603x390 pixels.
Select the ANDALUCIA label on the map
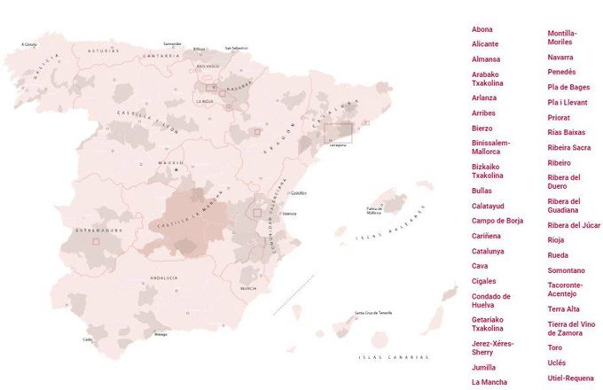coord(164,277)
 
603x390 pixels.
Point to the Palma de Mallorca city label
coord(373,211)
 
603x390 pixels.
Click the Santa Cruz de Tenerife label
coord(373,312)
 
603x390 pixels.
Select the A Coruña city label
coord(29,43)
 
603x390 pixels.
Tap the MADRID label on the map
coord(171,163)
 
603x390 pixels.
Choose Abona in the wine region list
coord(482,29)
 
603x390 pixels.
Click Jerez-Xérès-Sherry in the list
coord(492,347)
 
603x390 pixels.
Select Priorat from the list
coord(560,117)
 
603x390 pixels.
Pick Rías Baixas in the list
coord(567,132)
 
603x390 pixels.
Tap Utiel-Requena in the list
coord(571,378)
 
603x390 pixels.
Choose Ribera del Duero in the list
coord(564,182)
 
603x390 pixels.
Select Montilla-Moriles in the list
coord(562,38)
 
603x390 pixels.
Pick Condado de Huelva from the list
coord(490,300)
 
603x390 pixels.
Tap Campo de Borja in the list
coord(497,220)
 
